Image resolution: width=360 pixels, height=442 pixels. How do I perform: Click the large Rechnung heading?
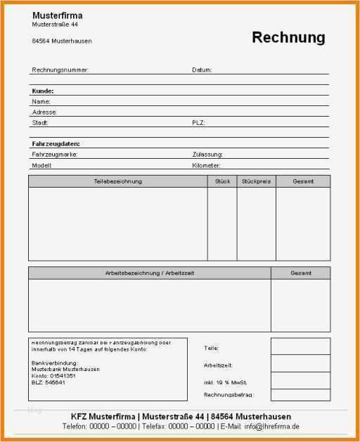point(288,37)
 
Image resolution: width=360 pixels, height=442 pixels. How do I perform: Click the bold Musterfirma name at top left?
point(57,15)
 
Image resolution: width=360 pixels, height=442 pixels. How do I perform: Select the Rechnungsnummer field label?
point(60,70)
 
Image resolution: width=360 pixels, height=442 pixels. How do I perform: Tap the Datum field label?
point(202,70)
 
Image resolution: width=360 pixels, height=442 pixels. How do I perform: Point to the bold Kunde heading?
point(43,91)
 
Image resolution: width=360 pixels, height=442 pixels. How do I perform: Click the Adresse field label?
point(44,112)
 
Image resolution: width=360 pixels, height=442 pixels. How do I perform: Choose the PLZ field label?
point(198,122)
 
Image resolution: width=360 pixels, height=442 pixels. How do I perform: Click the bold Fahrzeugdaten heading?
point(56,143)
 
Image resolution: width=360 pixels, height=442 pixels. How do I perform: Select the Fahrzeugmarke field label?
point(55,154)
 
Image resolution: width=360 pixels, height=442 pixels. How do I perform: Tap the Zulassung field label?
point(207,154)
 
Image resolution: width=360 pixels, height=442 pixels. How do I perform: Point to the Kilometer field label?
point(207,165)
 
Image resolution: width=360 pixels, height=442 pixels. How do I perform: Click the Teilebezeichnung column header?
point(117,181)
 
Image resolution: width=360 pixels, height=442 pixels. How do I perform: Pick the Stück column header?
point(221,181)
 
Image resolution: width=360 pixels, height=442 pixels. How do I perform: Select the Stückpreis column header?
point(256,181)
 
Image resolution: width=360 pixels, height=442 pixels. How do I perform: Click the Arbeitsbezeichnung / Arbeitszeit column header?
point(149,273)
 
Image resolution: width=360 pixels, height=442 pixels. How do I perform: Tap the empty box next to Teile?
point(300,346)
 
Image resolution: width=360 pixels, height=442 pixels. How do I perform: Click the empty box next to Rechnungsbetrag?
point(300,395)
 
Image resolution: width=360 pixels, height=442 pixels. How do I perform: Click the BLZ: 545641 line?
point(49,382)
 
